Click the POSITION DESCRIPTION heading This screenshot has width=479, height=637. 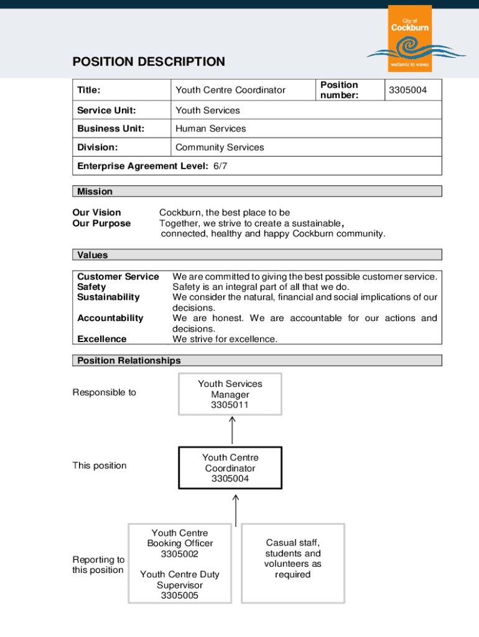[x=149, y=62]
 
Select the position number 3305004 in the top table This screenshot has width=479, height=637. [x=407, y=90]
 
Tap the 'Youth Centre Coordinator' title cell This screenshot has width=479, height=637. [x=230, y=90]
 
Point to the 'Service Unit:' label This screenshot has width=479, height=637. [x=106, y=110]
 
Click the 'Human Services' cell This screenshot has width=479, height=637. [x=210, y=129]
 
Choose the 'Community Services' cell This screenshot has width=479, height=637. [x=220, y=147]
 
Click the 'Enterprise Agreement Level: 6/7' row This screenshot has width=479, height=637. [x=152, y=166]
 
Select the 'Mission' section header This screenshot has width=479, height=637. [x=95, y=192]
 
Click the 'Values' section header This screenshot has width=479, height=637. [x=92, y=255]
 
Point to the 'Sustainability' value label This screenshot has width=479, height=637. [x=108, y=297]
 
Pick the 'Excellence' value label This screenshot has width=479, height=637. [x=101, y=339]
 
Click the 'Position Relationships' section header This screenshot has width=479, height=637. [x=129, y=361]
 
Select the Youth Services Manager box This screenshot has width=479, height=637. [x=230, y=394]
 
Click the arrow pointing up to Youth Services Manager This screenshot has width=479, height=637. [x=232, y=430]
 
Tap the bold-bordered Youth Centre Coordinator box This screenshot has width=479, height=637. [x=230, y=468]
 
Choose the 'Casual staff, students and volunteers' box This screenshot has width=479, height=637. [x=292, y=559]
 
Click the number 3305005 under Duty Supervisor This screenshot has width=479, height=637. [x=179, y=595]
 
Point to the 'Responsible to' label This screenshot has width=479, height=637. [x=104, y=393]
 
